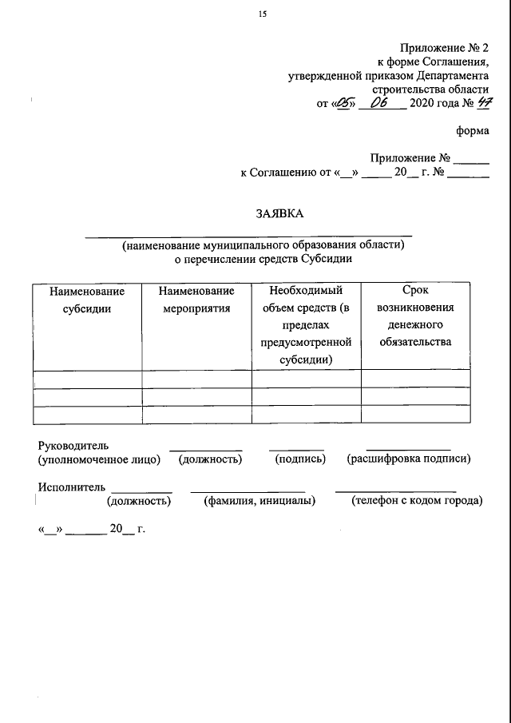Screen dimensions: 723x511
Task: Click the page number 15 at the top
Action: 262,14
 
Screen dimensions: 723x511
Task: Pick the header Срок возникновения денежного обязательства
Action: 415,317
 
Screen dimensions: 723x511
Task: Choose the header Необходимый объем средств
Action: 306,326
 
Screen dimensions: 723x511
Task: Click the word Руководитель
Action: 73,445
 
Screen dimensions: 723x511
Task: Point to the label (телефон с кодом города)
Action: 417,501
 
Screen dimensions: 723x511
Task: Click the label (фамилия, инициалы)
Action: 259,501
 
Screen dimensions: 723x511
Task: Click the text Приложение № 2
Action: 446,49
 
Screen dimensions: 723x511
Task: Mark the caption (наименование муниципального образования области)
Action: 263,245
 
